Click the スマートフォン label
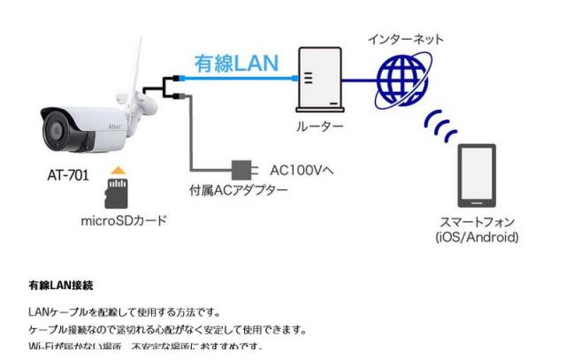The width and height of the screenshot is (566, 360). click(478, 222)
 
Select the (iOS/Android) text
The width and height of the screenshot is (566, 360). click(478, 237)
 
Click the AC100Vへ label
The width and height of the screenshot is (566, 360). click(301, 168)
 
